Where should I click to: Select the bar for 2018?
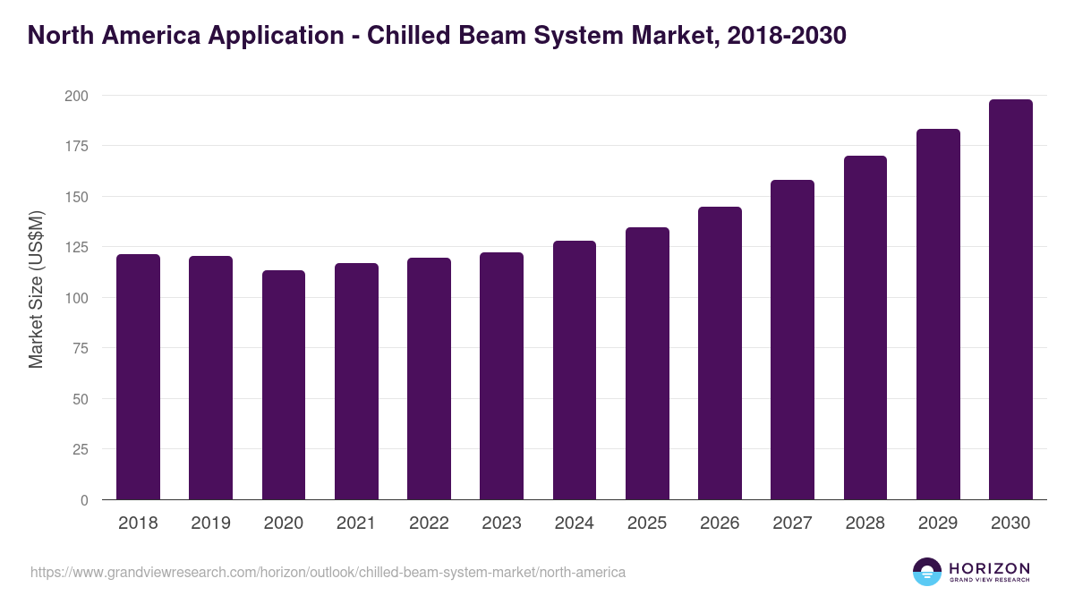tap(138, 377)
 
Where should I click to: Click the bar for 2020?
tap(284, 385)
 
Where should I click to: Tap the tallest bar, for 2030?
tap(1010, 300)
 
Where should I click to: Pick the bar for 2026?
tap(720, 353)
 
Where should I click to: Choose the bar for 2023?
tap(501, 376)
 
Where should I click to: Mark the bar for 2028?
tap(865, 328)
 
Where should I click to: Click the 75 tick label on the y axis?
tap(81, 348)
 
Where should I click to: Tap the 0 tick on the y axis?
tap(84, 500)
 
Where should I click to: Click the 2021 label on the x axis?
tap(356, 523)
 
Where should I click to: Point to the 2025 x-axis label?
tap(647, 523)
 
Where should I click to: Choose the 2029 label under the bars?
tap(938, 523)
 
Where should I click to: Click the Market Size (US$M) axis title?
tap(36, 289)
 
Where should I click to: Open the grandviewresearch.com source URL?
tap(328, 572)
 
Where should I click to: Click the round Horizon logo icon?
tap(927, 572)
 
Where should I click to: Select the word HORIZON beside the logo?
tap(989, 568)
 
